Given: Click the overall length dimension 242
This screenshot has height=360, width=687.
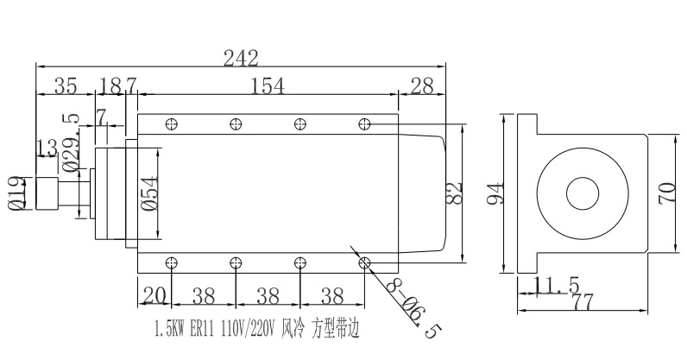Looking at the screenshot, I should (241, 59).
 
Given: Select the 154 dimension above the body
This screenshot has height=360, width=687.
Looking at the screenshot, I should (268, 85).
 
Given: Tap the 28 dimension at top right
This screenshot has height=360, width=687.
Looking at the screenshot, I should (422, 85).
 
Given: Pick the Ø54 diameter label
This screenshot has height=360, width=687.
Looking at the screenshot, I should (148, 195).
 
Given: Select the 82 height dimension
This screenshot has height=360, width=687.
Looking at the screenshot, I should (456, 192).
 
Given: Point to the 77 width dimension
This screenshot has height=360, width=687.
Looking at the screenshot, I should (585, 301).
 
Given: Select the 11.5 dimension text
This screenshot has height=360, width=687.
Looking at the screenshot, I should (556, 286).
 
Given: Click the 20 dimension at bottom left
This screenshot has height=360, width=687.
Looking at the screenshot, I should (154, 295).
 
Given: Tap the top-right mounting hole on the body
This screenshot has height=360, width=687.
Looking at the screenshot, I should (364, 124).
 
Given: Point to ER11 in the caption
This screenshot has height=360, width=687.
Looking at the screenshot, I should (201, 328).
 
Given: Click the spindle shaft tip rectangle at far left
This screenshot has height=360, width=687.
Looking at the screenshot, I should (46, 193).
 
